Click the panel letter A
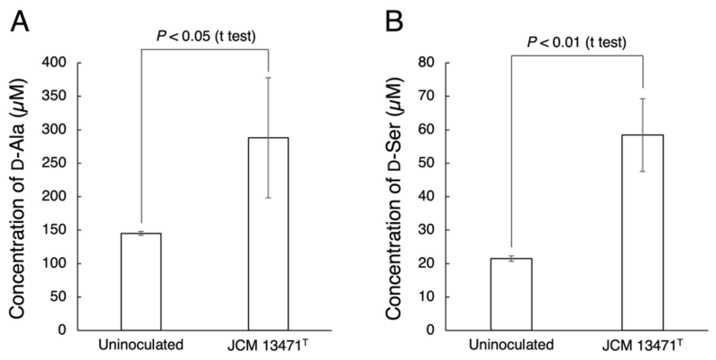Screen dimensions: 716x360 pyautogui.click(x=20, y=21)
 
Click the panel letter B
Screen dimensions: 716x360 pyautogui.click(x=394, y=21)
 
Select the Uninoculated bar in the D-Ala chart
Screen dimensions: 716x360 pyautogui.click(x=141, y=281)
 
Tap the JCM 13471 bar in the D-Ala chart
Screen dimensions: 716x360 pyautogui.click(x=268, y=234)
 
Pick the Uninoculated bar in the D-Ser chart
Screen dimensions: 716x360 pyautogui.click(x=511, y=295)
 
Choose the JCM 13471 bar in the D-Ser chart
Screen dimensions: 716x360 pyautogui.click(x=643, y=232)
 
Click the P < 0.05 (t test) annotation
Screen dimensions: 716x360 pyautogui.click(x=206, y=37)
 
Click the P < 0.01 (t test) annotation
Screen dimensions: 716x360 pyautogui.click(x=576, y=42)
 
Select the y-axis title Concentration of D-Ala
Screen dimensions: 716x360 pyautogui.click(x=18, y=199)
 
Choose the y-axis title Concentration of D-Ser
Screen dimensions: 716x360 pyautogui.click(x=394, y=199)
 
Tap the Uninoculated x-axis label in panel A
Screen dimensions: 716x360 pyautogui.click(x=141, y=345)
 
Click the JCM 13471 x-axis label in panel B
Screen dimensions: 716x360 pyautogui.click(x=643, y=345)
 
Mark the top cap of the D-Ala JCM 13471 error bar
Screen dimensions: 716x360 pyautogui.click(x=268, y=78)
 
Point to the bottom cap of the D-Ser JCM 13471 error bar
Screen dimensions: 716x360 pyautogui.click(x=643, y=171)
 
